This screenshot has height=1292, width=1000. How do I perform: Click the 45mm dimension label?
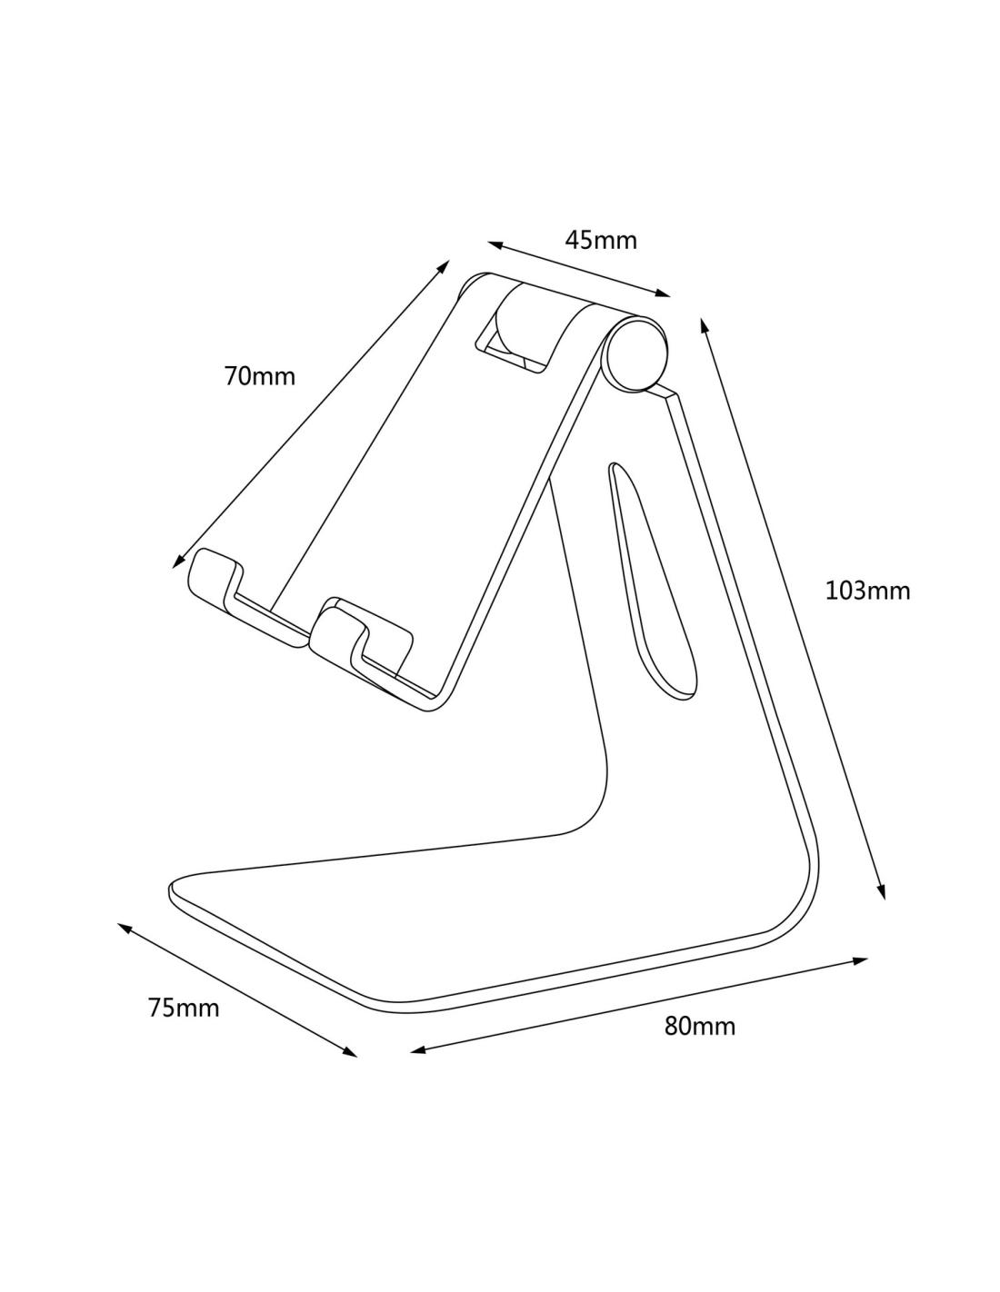(600, 240)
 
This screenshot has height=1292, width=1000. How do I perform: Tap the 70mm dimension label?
(259, 376)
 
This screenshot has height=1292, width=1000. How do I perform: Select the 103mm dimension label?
(867, 591)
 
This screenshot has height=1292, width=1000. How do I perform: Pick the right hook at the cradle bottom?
(361, 645)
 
